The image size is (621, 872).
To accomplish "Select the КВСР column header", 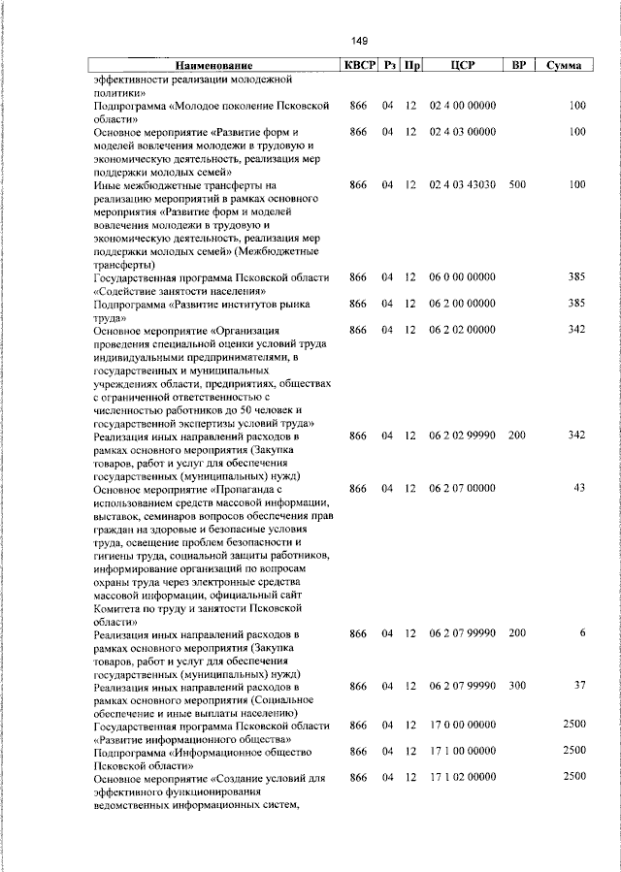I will pyautogui.click(x=357, y=65).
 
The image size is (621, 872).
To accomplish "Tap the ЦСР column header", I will pyautogui.click(x=461, y=65).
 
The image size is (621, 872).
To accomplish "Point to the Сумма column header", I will pyautogui.click(x=563, y=65).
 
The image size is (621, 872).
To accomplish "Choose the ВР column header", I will pyautogui.click(x=517, y=65).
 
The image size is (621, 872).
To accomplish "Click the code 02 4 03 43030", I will pyautogui.click(x=462, y=184).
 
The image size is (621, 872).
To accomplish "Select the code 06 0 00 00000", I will pyautogui.click(x=462, y=277).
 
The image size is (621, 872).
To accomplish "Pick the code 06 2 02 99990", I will pyautogui.click(x=462, y=436).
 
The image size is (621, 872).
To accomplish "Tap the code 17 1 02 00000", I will pyautogui.click(x=462, y=778).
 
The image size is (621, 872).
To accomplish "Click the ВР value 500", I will pyautogui.click(x=517, y=184).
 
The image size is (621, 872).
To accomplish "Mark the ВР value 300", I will pyautogui.click(x=517, y=687).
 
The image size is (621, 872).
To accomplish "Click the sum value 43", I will pyautogui.click(x=578, y=488).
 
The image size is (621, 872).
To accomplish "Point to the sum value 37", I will pyautogui.click(x=579, y=687).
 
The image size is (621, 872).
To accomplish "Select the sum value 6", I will pyautogui.click(x=582, y=633).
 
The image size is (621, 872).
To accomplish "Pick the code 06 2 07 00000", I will pyautogui.click(x=462, y=488).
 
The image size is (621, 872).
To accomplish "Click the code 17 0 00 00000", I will pyautogui.click(x=462, y=726).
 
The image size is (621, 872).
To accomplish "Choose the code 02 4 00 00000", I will pyautogui.click(x=462, y=105).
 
